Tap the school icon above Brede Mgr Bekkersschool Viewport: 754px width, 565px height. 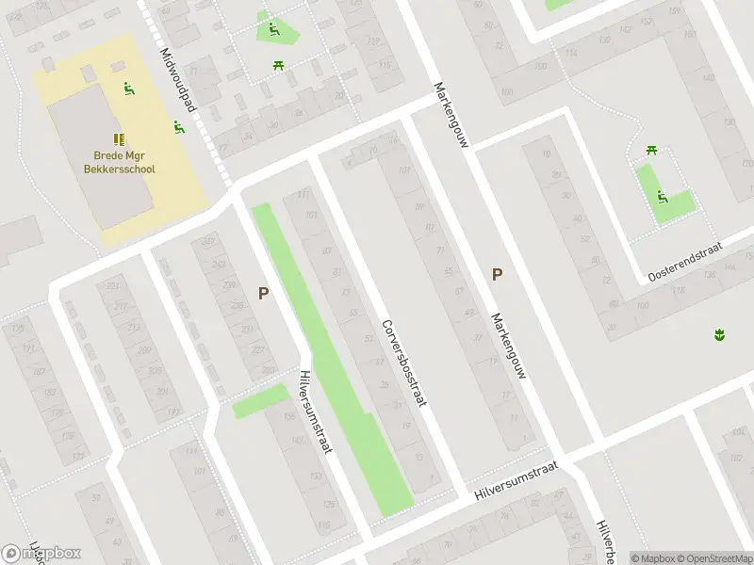120,139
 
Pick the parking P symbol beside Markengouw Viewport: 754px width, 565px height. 496,274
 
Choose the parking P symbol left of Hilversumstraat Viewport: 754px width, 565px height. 264,293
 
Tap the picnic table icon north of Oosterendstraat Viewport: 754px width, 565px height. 651,149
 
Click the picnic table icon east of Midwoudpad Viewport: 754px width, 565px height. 278,64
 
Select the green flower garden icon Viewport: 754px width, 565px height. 718,334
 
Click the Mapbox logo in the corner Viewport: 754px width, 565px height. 41,553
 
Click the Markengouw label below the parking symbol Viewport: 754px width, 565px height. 507,346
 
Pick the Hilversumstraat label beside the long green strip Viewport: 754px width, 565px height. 314,411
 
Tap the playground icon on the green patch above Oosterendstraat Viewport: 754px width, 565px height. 663,198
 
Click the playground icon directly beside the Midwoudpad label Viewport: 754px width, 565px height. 178,127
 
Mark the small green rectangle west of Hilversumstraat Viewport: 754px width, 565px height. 260,401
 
